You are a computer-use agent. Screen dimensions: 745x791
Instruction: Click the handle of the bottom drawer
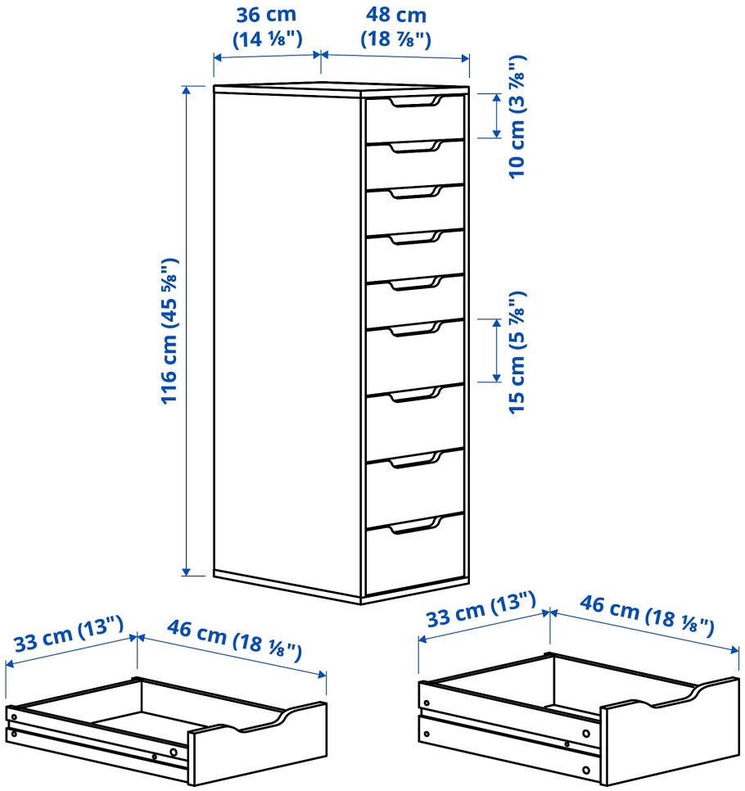pyautogui.click(x=416, y=525)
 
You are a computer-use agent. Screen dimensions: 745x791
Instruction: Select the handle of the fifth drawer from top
pyautogui.click(x=416, y=283)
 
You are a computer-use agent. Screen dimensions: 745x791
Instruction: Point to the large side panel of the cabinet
pyautogui.click(x=287, y=338)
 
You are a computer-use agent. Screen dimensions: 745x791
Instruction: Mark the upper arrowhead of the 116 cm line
pyautogui.click(x=187, y=91)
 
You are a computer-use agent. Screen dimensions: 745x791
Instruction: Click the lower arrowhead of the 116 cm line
pyautogui.click(x=187, y=571)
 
